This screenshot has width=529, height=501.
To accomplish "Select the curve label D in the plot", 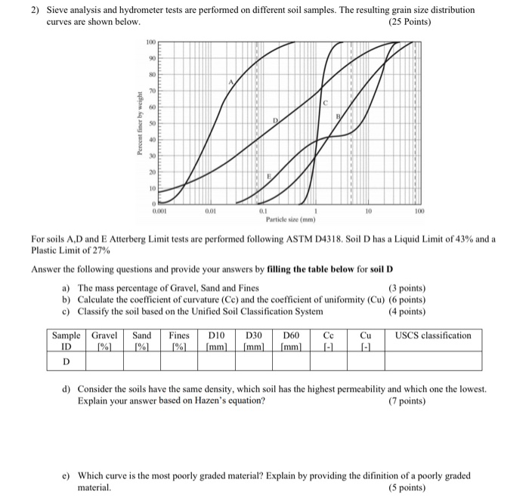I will [x=276, y=121].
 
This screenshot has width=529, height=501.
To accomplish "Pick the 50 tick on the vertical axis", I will [x=152, y=122].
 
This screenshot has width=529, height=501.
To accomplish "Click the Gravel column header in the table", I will [x=105, y=336].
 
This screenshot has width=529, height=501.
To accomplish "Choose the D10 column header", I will [x=218, y=336].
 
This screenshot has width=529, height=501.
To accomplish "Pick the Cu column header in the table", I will [x=366, y=336].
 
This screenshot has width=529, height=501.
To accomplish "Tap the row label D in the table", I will [x=67, y=361].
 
